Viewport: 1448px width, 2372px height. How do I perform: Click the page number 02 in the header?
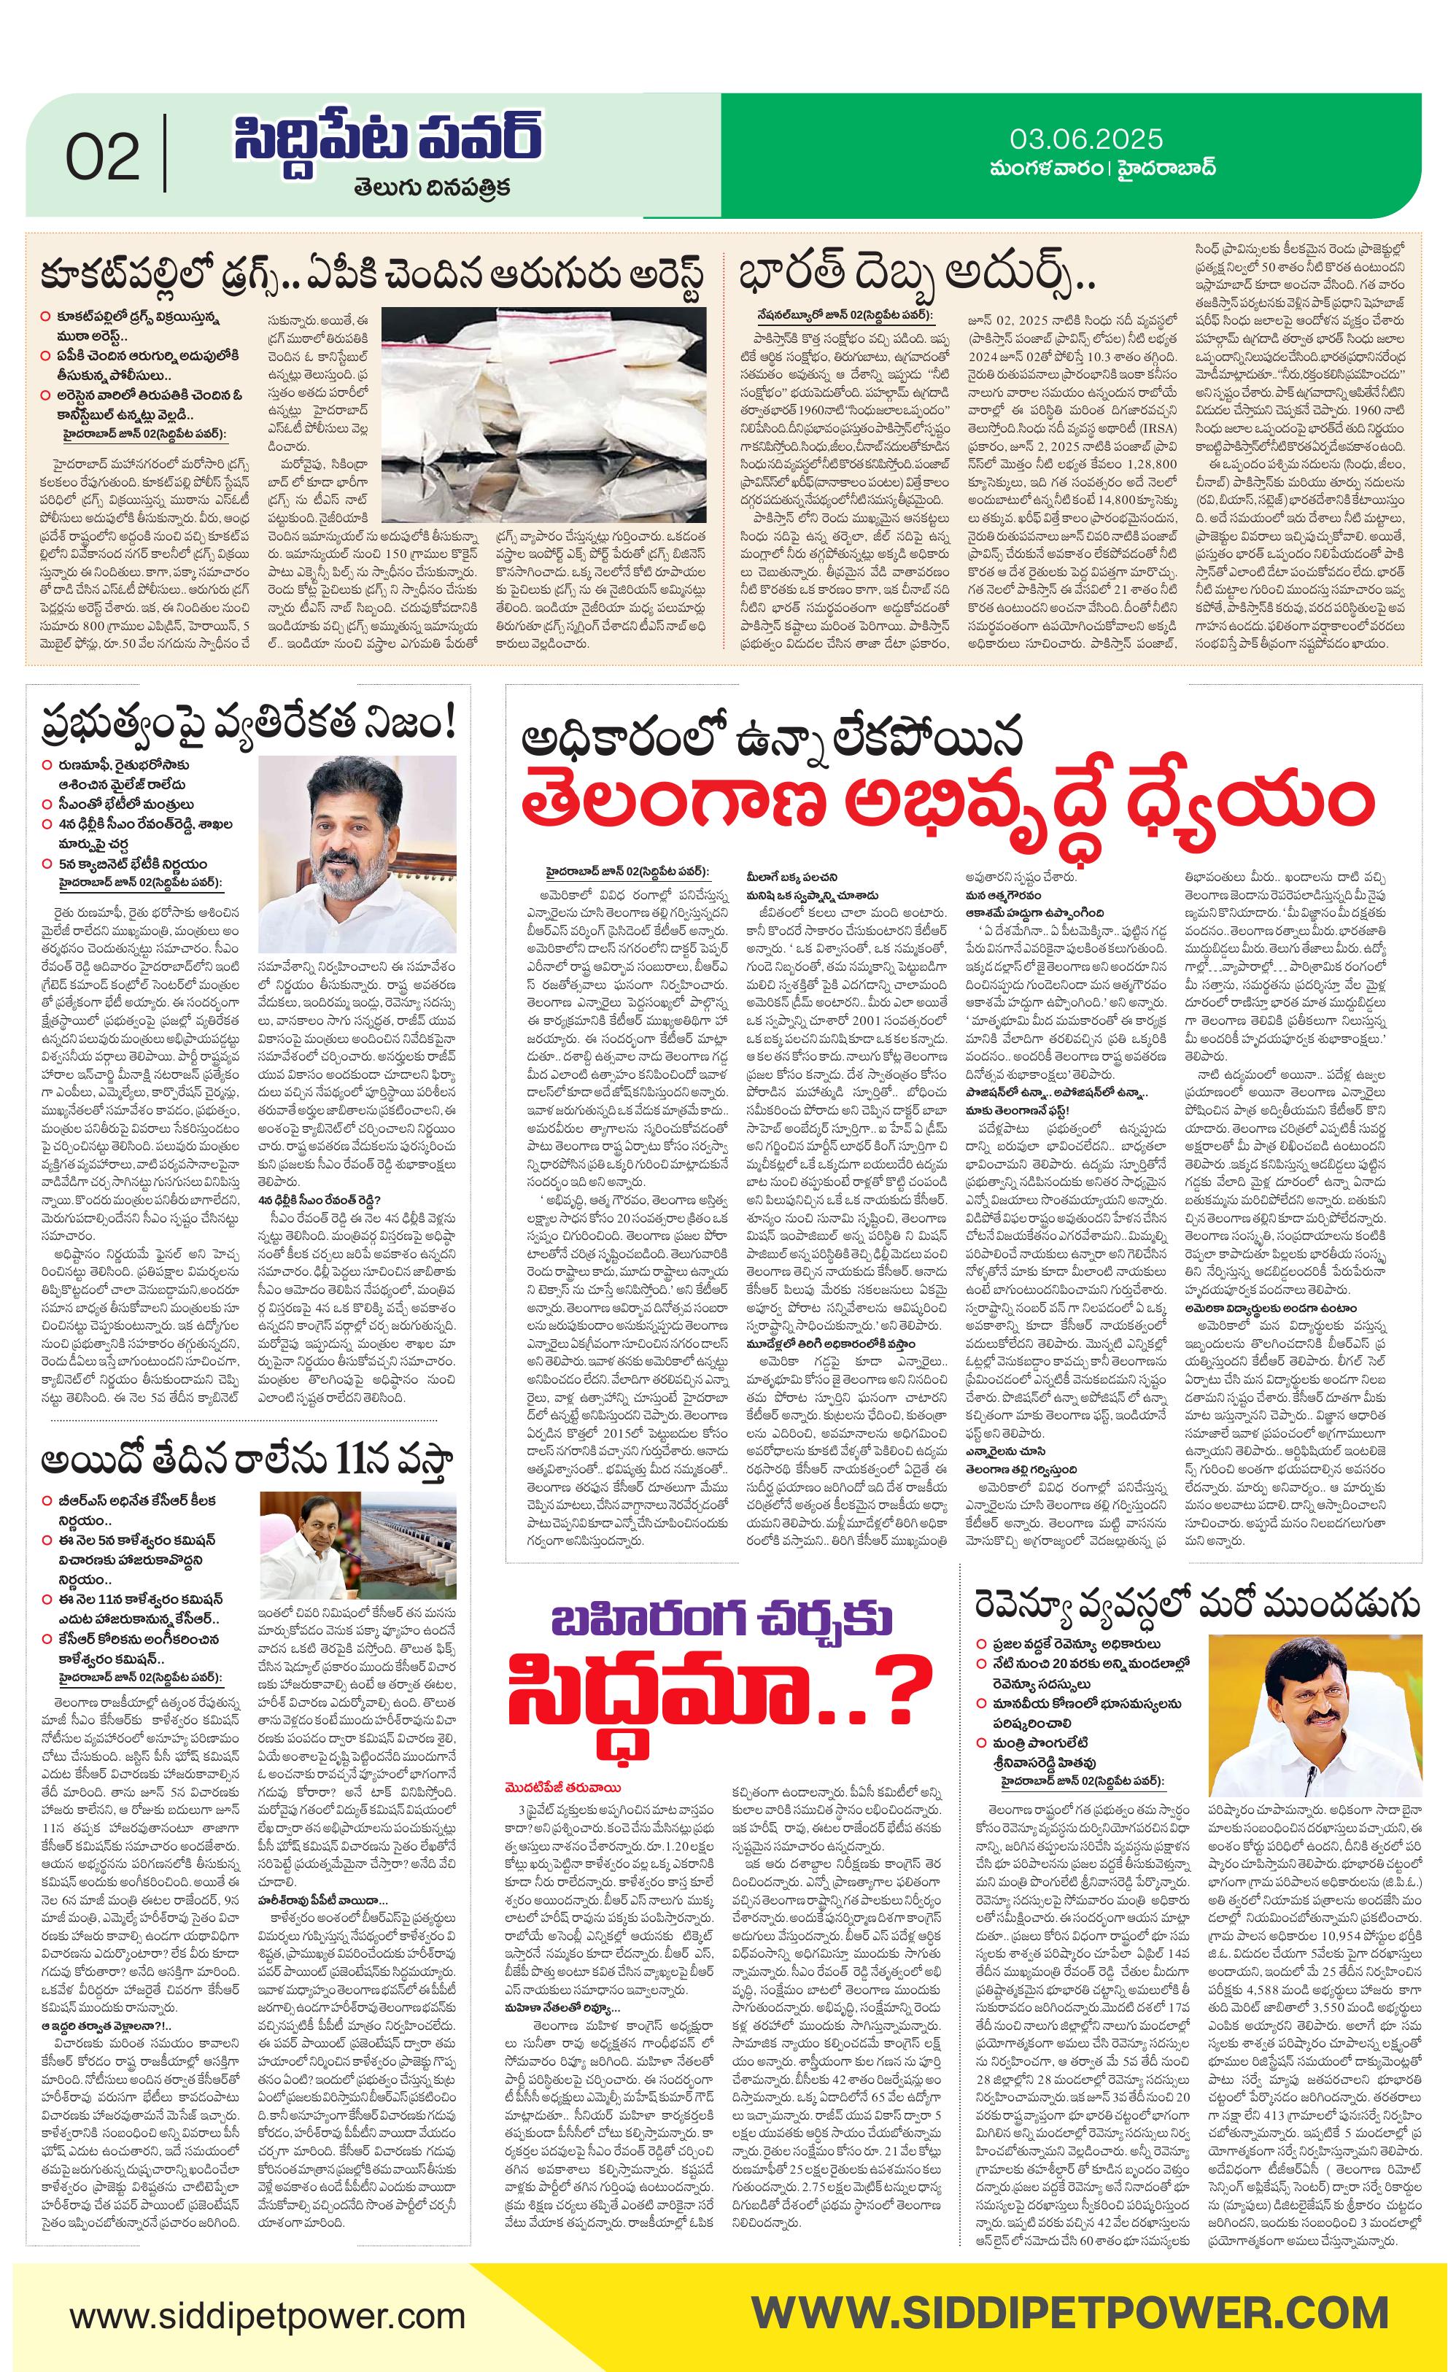click(103, 158)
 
